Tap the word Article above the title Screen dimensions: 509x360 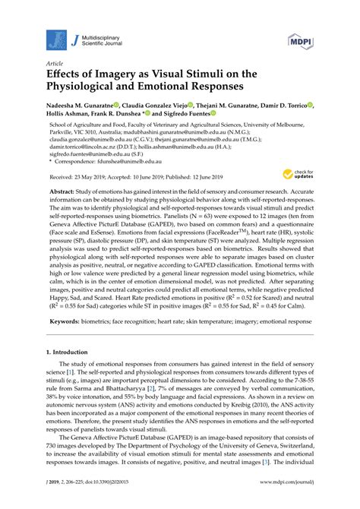55,65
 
